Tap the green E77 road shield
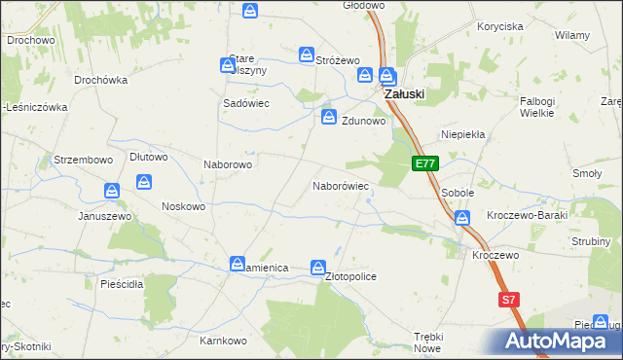[x=424, y=164]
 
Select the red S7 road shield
[x=508, y=301]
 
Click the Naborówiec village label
[x=340, y=184]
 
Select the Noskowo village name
[x=183, y=206]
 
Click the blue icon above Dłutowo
[x=144, y=181]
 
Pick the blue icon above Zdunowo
[x=329, y=117]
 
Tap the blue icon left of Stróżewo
[x=307, y=56]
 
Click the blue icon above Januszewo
[x=112, y=191]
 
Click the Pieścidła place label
[x=122, y=284]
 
